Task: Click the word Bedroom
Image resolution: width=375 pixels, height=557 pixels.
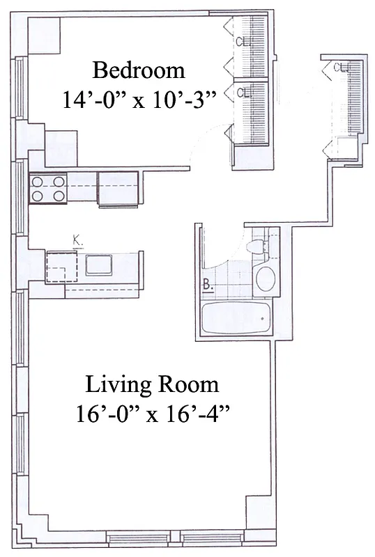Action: click(139, 70)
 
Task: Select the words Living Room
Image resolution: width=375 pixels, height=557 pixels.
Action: click(152, 384)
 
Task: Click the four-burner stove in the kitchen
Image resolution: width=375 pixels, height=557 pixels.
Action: click(48, 188)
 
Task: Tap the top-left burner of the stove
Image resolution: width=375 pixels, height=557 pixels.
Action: click(39, 181)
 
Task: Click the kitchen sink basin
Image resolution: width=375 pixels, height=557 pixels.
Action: click(98, 265)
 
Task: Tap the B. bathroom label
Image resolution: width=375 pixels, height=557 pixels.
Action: click(208, 283)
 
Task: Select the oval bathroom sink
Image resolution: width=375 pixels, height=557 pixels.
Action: click(265, 278)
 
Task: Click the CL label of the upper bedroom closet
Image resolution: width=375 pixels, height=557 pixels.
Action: click(242, 41)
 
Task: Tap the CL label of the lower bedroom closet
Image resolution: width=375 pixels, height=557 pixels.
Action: click(243, 91)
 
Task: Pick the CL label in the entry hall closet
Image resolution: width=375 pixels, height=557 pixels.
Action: click(341, 68)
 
